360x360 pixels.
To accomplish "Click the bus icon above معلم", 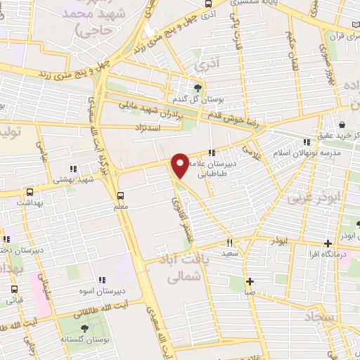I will coord(120,195).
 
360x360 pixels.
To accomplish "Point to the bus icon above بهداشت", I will coord(30,192).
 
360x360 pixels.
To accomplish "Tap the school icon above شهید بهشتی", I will coord(73,169).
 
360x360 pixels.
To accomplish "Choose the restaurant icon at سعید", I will coord(229,242).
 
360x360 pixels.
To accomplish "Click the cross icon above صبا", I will coord(250,282).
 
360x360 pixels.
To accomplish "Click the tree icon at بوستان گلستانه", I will coord(84,328).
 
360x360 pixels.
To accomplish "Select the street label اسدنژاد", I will coord(149,127).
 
